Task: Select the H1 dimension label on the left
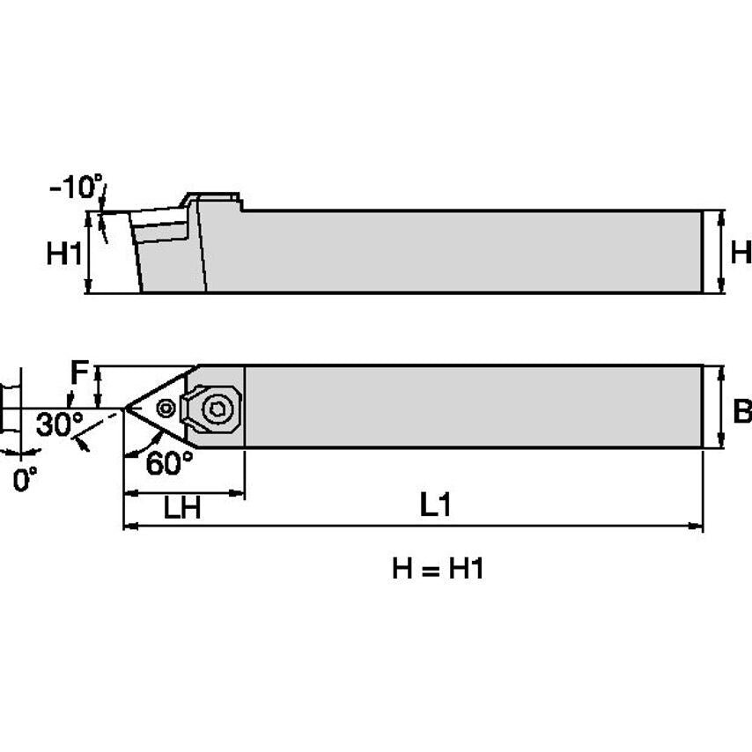[63, 255]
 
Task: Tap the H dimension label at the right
[741, 254]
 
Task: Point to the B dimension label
[741, 410]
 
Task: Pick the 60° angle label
[169, 463]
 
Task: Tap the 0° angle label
[26, 480]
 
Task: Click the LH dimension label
[181, 509]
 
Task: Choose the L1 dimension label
[435, 505]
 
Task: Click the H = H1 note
[438, 569]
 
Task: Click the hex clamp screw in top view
[215, 409]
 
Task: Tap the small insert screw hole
[165, 408]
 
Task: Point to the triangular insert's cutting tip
[126, 408]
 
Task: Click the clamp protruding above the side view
[212, 197]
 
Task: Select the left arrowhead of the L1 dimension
[129, 527]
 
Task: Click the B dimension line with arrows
[721, 407]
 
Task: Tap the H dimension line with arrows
[721, 252]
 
